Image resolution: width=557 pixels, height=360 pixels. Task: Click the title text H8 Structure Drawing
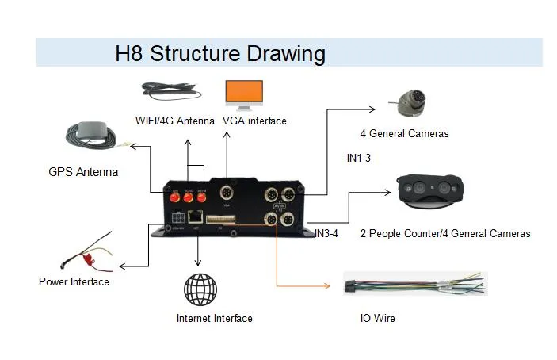tap(220, 54)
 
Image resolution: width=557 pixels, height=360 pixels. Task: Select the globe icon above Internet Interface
tap(200, 289)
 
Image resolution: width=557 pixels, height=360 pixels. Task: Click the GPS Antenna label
tap(83, 171)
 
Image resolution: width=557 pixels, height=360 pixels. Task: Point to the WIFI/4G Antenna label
tap(174, 121)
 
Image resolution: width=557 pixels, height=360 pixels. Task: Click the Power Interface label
tap(74, 281)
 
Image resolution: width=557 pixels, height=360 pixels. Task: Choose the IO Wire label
tap(377, 318)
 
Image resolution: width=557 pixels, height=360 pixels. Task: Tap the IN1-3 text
tap(358, 158)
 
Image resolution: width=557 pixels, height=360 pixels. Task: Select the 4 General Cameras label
tap(404, 133)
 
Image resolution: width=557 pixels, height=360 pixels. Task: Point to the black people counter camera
tap(429, 190)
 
